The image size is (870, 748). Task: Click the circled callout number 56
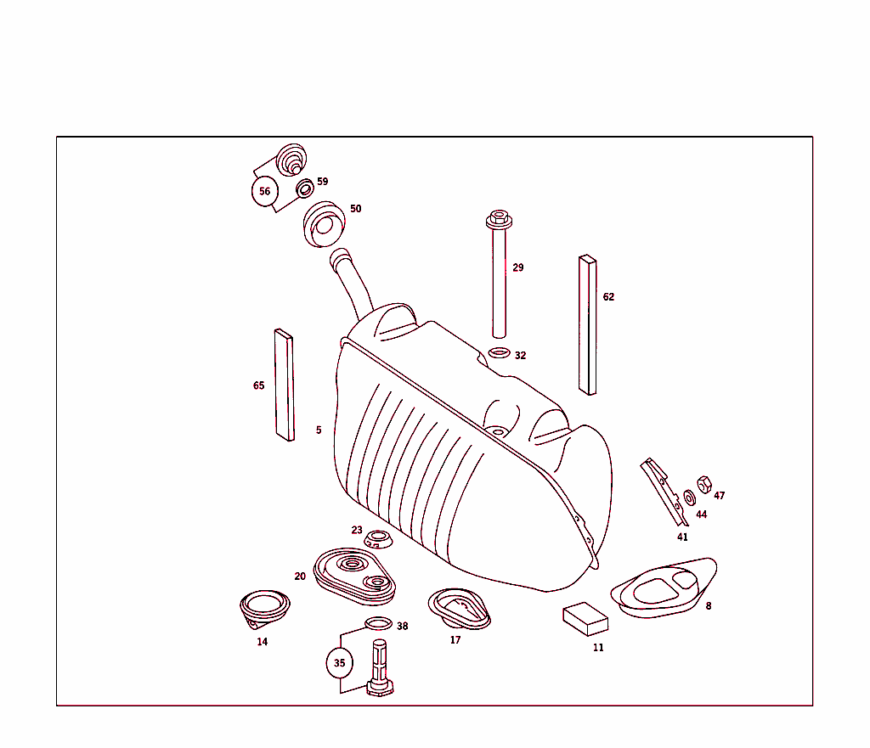[x=265, y=191]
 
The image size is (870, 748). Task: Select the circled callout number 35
[x=339, y=663]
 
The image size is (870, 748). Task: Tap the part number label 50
[x=355, y=208]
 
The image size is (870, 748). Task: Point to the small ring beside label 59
[x=303, y=188]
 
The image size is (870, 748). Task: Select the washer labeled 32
[x=500, y=353]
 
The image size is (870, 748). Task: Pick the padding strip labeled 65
[x=284, y=385]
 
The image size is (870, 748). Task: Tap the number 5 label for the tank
[x=319, y=430]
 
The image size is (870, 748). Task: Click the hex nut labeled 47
[x=703, y=485]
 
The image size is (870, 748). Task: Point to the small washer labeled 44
[x=689, y=496]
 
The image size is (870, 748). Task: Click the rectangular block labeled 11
[x=586, y=619]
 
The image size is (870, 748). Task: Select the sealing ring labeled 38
[x=379, y=625]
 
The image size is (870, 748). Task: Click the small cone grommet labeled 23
[x=378, y=539]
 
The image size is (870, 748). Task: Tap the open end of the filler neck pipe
[x=341, y=256]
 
